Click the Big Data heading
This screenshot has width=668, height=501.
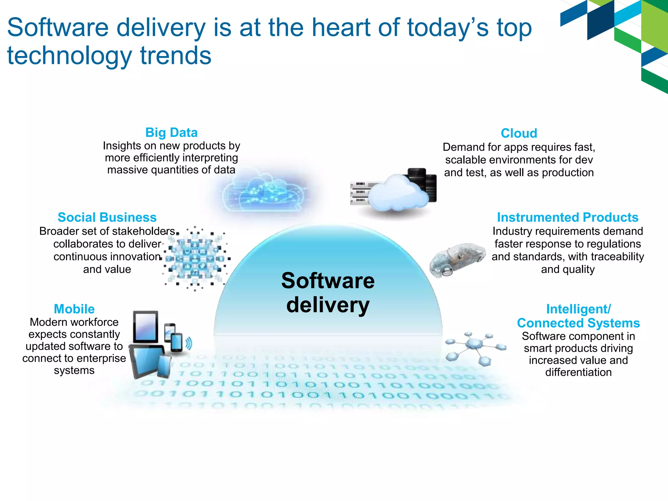pyautogui.click(x=172, y=132)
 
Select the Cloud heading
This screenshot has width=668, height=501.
pyautogui.click(x=519, y=133)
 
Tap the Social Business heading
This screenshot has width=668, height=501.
pyautogui.click(x=107, y=217)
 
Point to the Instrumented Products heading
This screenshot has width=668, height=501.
pyautogui.click(x=568, y=217)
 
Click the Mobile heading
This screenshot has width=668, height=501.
pyautogui.click(x=74, y=309)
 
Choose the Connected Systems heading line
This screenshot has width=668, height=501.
pyautogui.click(x=578, y=323)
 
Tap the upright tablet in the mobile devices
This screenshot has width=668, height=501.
pyautogui.click(x=146, y=326)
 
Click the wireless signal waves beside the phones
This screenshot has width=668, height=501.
pyautogui.click(x=189, y=343)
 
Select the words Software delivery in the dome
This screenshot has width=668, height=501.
pyautogui.click(x=328, y=293)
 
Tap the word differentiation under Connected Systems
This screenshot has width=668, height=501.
pyautogui.click(x=578, y=372)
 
